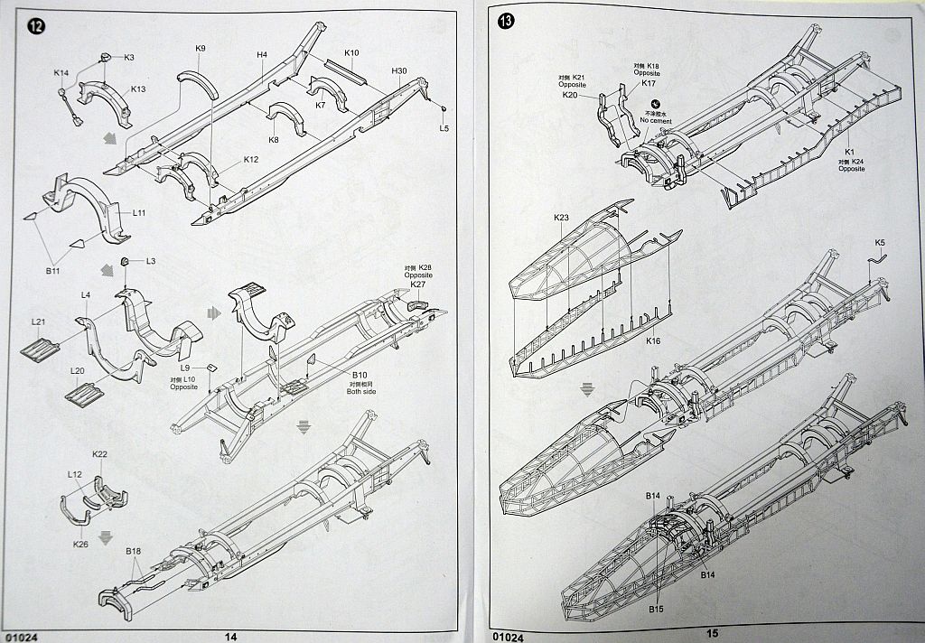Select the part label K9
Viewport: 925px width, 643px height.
[201, 49]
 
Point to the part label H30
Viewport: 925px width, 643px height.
[399, 71]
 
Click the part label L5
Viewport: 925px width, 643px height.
[444, 129]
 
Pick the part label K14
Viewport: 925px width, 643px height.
[61, 73]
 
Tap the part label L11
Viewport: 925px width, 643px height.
[139, 213]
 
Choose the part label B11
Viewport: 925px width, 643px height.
[53, 270]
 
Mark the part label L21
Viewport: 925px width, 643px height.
[38, 322]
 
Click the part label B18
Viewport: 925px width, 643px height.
[134, 552]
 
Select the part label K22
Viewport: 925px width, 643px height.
[100, 454]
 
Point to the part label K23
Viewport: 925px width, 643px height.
[561, 218]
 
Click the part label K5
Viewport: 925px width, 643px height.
[881, 244]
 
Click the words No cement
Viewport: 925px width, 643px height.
[657, 120]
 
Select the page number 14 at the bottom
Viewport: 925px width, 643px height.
[230, 636]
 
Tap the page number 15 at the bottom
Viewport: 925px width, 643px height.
[713, 634]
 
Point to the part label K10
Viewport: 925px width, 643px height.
[351, 53]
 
